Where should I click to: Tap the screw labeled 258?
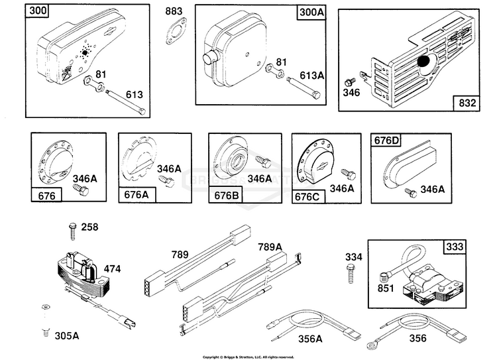tap(71, 229)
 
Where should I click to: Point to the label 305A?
tap(66, 335)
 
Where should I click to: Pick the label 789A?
tap(270, 247)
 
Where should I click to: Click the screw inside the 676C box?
tap(345, 174)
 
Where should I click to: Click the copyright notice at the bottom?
tap(248, 356)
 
